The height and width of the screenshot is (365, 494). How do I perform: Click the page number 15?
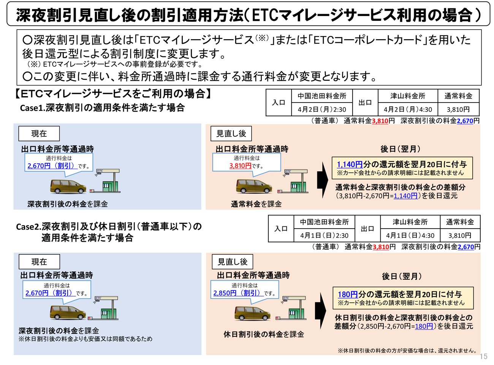pos(483,357)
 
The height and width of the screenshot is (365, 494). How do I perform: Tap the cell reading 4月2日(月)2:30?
pos(322,109)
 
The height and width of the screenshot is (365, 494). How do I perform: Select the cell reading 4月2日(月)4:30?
pos(408,109)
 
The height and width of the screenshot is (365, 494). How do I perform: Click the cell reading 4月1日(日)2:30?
pos(324,235)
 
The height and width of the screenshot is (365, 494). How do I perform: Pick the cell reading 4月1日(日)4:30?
pos(410,235)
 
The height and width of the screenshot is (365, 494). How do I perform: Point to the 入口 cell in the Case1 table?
pos(279,103)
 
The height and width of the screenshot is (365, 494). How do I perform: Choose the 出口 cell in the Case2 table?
pos(367,229)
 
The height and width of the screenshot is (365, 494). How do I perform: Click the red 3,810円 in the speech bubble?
pos(240,166)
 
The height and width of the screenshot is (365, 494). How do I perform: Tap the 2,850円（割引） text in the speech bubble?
pos(237,293)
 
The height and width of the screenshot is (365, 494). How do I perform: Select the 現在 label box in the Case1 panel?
pos(39,134)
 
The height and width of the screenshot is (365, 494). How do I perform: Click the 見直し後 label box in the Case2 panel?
pos(232,262)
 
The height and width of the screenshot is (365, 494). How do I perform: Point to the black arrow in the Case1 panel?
pos(323,180)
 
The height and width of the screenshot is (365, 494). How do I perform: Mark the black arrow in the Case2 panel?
pos(321,311)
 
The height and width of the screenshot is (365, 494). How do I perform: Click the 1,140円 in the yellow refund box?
pos(350,164)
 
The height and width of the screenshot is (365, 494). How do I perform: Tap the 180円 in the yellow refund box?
pos(348,294)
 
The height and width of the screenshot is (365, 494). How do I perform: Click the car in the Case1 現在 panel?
pos(68,186)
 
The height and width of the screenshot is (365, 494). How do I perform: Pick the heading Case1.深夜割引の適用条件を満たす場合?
pos(103,108)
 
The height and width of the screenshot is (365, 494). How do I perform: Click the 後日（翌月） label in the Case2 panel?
pos(402,277)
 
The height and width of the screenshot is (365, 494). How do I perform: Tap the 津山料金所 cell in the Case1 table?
pos(408,96)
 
